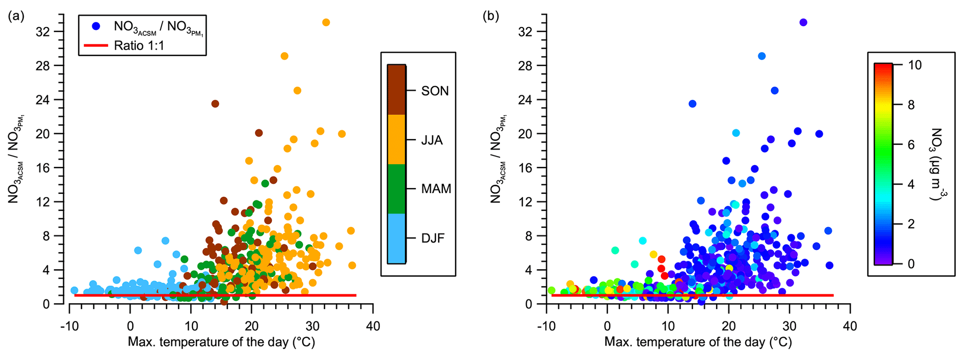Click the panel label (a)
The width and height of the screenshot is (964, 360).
click(16, 17)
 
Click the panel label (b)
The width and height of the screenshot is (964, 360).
click(491, 17)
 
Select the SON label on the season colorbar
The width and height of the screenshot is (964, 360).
click(435, 91)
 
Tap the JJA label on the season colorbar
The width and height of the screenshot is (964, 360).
click(431, 140)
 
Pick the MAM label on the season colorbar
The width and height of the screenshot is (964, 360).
click(436, 189)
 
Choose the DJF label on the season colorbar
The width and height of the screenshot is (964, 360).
click(433, 238)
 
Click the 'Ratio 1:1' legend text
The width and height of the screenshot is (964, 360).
click(139, 46)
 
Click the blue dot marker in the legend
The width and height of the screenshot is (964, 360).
click(96, 26)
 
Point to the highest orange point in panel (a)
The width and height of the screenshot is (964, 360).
click(326, 22)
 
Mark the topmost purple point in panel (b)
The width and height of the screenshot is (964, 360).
click(803, 22)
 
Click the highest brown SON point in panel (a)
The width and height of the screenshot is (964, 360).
click(215, 104)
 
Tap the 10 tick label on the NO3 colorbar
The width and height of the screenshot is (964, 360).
click(915, 65)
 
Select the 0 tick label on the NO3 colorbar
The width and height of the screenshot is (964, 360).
click(911, 264)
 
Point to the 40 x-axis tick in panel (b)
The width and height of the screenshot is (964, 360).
click(850, 326)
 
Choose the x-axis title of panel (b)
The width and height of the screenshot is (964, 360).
click(698, 342)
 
